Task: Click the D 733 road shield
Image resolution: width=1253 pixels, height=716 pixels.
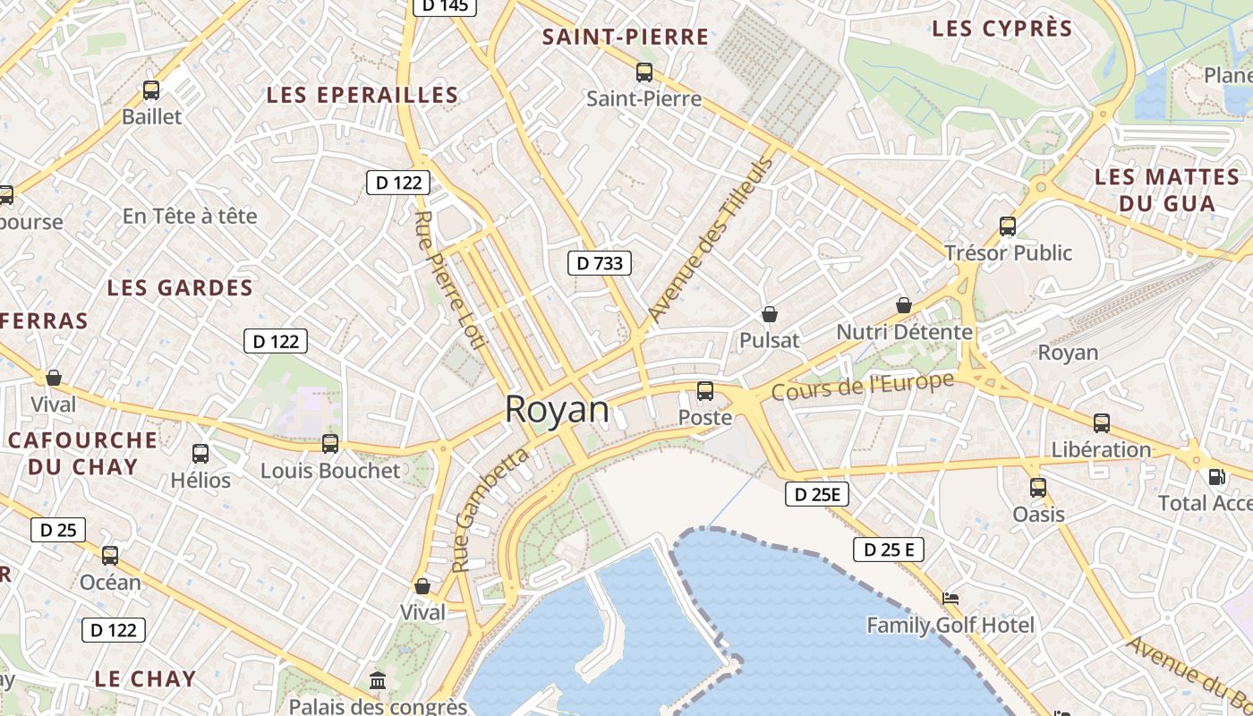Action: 600,263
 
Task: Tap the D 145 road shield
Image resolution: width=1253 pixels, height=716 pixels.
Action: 445,6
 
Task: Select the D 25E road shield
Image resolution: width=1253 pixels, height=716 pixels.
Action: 816,494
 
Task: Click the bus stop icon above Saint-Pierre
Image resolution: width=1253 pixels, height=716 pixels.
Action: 644,72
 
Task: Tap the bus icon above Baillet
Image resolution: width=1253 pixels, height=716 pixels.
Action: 151,90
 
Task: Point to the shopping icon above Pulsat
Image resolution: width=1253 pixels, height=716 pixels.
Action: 769,314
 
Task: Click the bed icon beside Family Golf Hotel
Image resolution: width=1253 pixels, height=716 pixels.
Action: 950,598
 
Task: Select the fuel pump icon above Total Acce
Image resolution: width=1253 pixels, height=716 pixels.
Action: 1216,477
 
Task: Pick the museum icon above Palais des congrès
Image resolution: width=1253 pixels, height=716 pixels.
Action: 378,681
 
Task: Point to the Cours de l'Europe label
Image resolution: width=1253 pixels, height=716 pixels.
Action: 862,387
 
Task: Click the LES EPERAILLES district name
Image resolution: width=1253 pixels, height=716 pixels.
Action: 362,95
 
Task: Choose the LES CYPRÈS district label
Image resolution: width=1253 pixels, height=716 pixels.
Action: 1002,29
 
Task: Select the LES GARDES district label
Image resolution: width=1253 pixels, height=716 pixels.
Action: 180,288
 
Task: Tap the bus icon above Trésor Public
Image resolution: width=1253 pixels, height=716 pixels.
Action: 1008,226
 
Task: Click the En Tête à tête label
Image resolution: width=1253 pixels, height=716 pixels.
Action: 190,216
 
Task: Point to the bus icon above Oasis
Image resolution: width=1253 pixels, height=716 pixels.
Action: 1038,488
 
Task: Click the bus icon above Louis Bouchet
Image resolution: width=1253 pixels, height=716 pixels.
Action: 330,444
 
